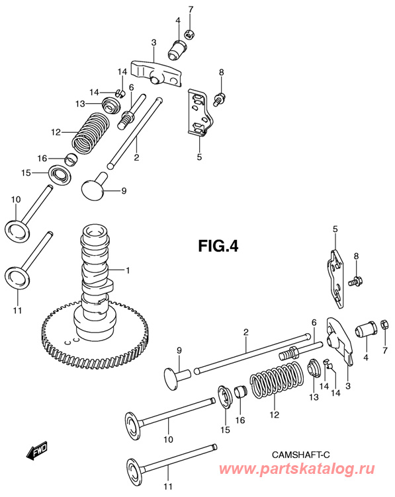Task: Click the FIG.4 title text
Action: click(218, 246)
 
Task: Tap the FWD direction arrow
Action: click(37, 450)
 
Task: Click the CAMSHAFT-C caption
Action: click(301, 455)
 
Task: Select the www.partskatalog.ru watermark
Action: click(296, 469)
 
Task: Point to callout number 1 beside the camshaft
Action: click(128, 270)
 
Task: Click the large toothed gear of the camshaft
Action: click(95, 333)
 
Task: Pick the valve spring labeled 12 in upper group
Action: click(90, 133)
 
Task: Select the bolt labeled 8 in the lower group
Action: click(356, 280)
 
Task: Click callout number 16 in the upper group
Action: click(42, 158)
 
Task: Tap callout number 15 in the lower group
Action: click(225, 430)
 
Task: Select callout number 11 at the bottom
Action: click(168, 486)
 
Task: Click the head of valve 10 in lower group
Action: click(134, 427)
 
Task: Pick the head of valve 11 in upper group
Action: click(19, 278)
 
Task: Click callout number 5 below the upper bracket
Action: click(199, 157)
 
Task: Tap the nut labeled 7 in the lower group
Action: click(383, 326)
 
